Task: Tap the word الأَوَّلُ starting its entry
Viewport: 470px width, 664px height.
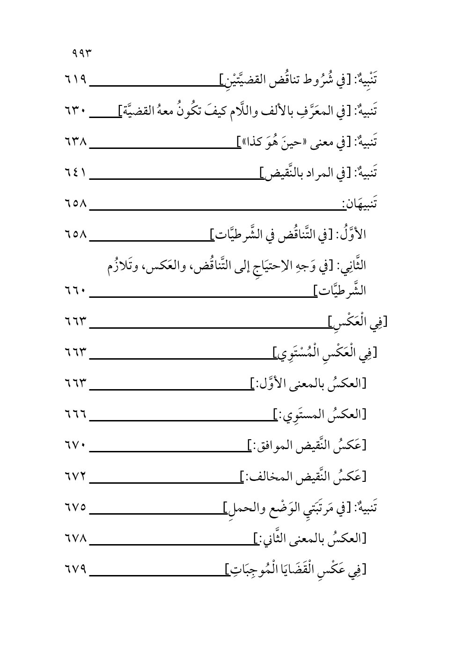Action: pos(352,233)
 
